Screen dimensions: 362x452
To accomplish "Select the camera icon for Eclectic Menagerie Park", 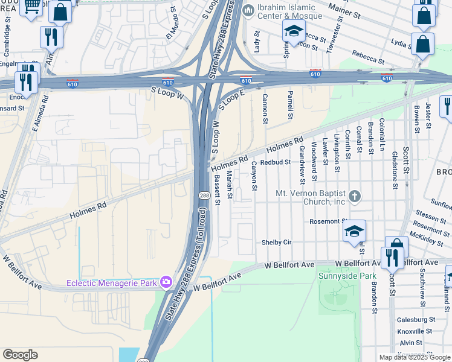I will (x=166, y=282).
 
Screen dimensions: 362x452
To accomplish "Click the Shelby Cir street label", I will (x=276, y=242).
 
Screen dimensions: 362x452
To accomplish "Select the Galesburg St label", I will (x=416, y=319).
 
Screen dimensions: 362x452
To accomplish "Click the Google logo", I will (x=20, y=355).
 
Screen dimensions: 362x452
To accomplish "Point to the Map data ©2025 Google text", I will (x=414, y=357).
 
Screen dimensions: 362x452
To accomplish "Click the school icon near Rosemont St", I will (x=355, y=232).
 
